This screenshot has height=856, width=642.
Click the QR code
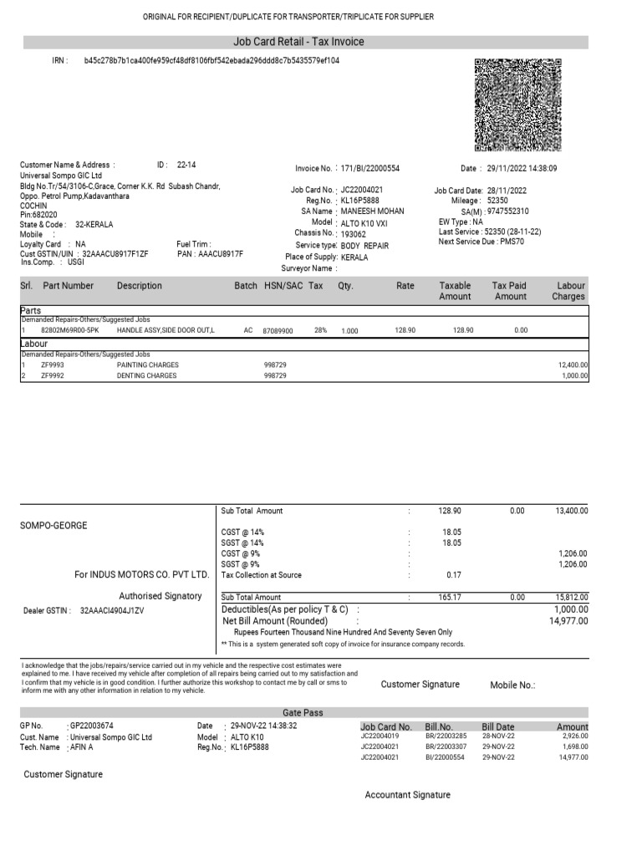(517, 105)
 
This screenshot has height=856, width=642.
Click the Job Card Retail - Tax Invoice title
(298, 42)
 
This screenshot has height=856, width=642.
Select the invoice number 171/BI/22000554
(370, 168)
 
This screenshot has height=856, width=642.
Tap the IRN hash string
(211, 61)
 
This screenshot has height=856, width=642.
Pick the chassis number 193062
(354, 235)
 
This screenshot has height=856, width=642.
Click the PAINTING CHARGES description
(148, 365)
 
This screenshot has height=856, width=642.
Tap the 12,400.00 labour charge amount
(573, 365)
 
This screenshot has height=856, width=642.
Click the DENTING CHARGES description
(147, 376)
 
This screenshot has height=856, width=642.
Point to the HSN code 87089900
(278, 331)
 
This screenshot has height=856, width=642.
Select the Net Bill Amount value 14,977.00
(568, 621)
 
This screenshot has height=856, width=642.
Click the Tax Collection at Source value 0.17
(454, 575)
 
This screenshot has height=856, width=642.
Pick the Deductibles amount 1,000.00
(571, 610)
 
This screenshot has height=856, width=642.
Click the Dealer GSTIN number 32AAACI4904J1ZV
(112, 611)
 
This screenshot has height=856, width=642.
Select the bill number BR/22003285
(446, 736)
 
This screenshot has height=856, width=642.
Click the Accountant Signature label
(408, 795)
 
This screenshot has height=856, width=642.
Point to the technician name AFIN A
(81, 746)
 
